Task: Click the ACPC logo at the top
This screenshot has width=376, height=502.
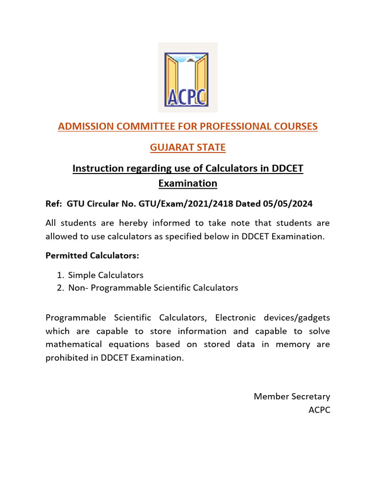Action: coord(188,77)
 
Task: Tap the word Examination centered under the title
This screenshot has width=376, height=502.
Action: coord(188,183)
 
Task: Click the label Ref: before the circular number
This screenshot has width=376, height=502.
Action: coord(54,203)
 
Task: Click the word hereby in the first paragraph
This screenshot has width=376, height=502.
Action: coord(134,223)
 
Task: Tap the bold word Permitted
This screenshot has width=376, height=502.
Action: coord(67,255)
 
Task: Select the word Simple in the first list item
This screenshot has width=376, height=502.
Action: coord(82,275)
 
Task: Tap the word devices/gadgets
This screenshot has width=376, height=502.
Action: coord(302,318)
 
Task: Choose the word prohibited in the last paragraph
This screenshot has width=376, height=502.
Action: coord(66,358)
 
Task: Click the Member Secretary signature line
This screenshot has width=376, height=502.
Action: coord(292,396)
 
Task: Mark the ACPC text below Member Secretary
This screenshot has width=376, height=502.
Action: coord(319,409)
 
